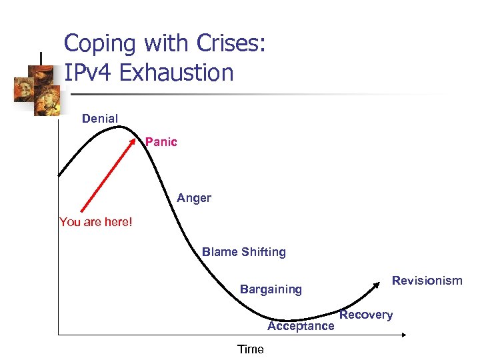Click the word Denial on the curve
(x=100, y=119)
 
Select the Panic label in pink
(x=161, y=142)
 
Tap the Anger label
(x=194, y=198)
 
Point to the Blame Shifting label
(x=244, y=252)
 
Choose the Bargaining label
(x=271, y=289)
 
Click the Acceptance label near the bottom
(x=301, y=326)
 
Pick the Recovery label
(x=366, y=315)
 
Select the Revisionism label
(x=427, y=281)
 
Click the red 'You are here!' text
(x=96, y=222)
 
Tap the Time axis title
(x=251, y=349)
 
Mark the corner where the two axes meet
(x=59, y=333)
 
